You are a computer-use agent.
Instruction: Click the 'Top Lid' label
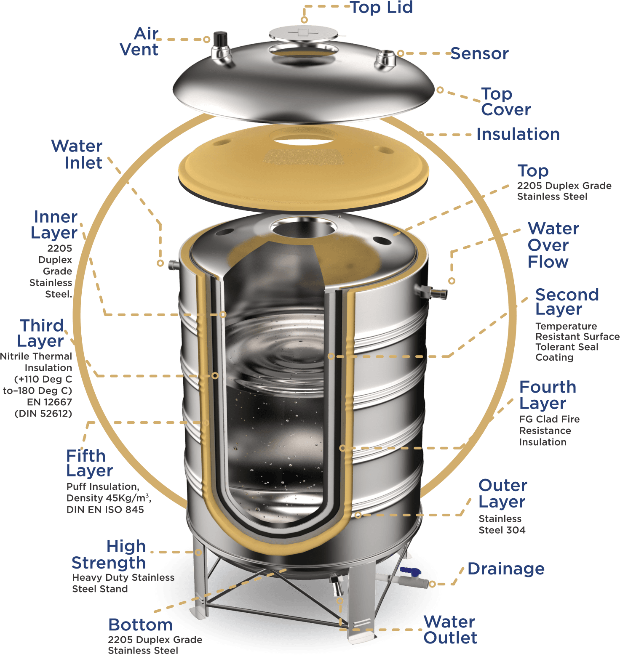[x=382, y=8]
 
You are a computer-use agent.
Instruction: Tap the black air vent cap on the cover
[x=220, y=39]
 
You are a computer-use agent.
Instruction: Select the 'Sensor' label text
[x=480, y=53]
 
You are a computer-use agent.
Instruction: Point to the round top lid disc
[x=304, y=33]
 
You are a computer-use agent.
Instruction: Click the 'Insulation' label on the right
[x=518, y=134]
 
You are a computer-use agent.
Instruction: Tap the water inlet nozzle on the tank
[x=174, y=265]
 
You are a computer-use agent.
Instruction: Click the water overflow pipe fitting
[x=431, y=291]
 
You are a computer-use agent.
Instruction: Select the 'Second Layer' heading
[x=567, y=301]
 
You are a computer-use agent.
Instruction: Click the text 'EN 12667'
[x=49, y=402]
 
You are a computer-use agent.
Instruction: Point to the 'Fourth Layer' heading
[x=548, y=395]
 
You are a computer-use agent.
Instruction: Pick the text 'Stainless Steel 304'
[x=502, y=524]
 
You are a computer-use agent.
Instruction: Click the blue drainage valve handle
[x=410, y=571]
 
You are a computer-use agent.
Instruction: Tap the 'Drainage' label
[x=506, y=569]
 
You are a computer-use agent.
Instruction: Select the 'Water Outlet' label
[x=450, y=630]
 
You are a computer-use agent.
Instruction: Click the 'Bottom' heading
[x=141, y=624]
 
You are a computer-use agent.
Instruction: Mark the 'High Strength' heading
[x=109, y=554]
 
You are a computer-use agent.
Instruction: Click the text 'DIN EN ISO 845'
[x=105, y=510]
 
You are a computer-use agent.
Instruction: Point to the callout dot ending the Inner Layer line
[x=223, y=314]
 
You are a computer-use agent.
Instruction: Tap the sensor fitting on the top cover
[x=385, y=60]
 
